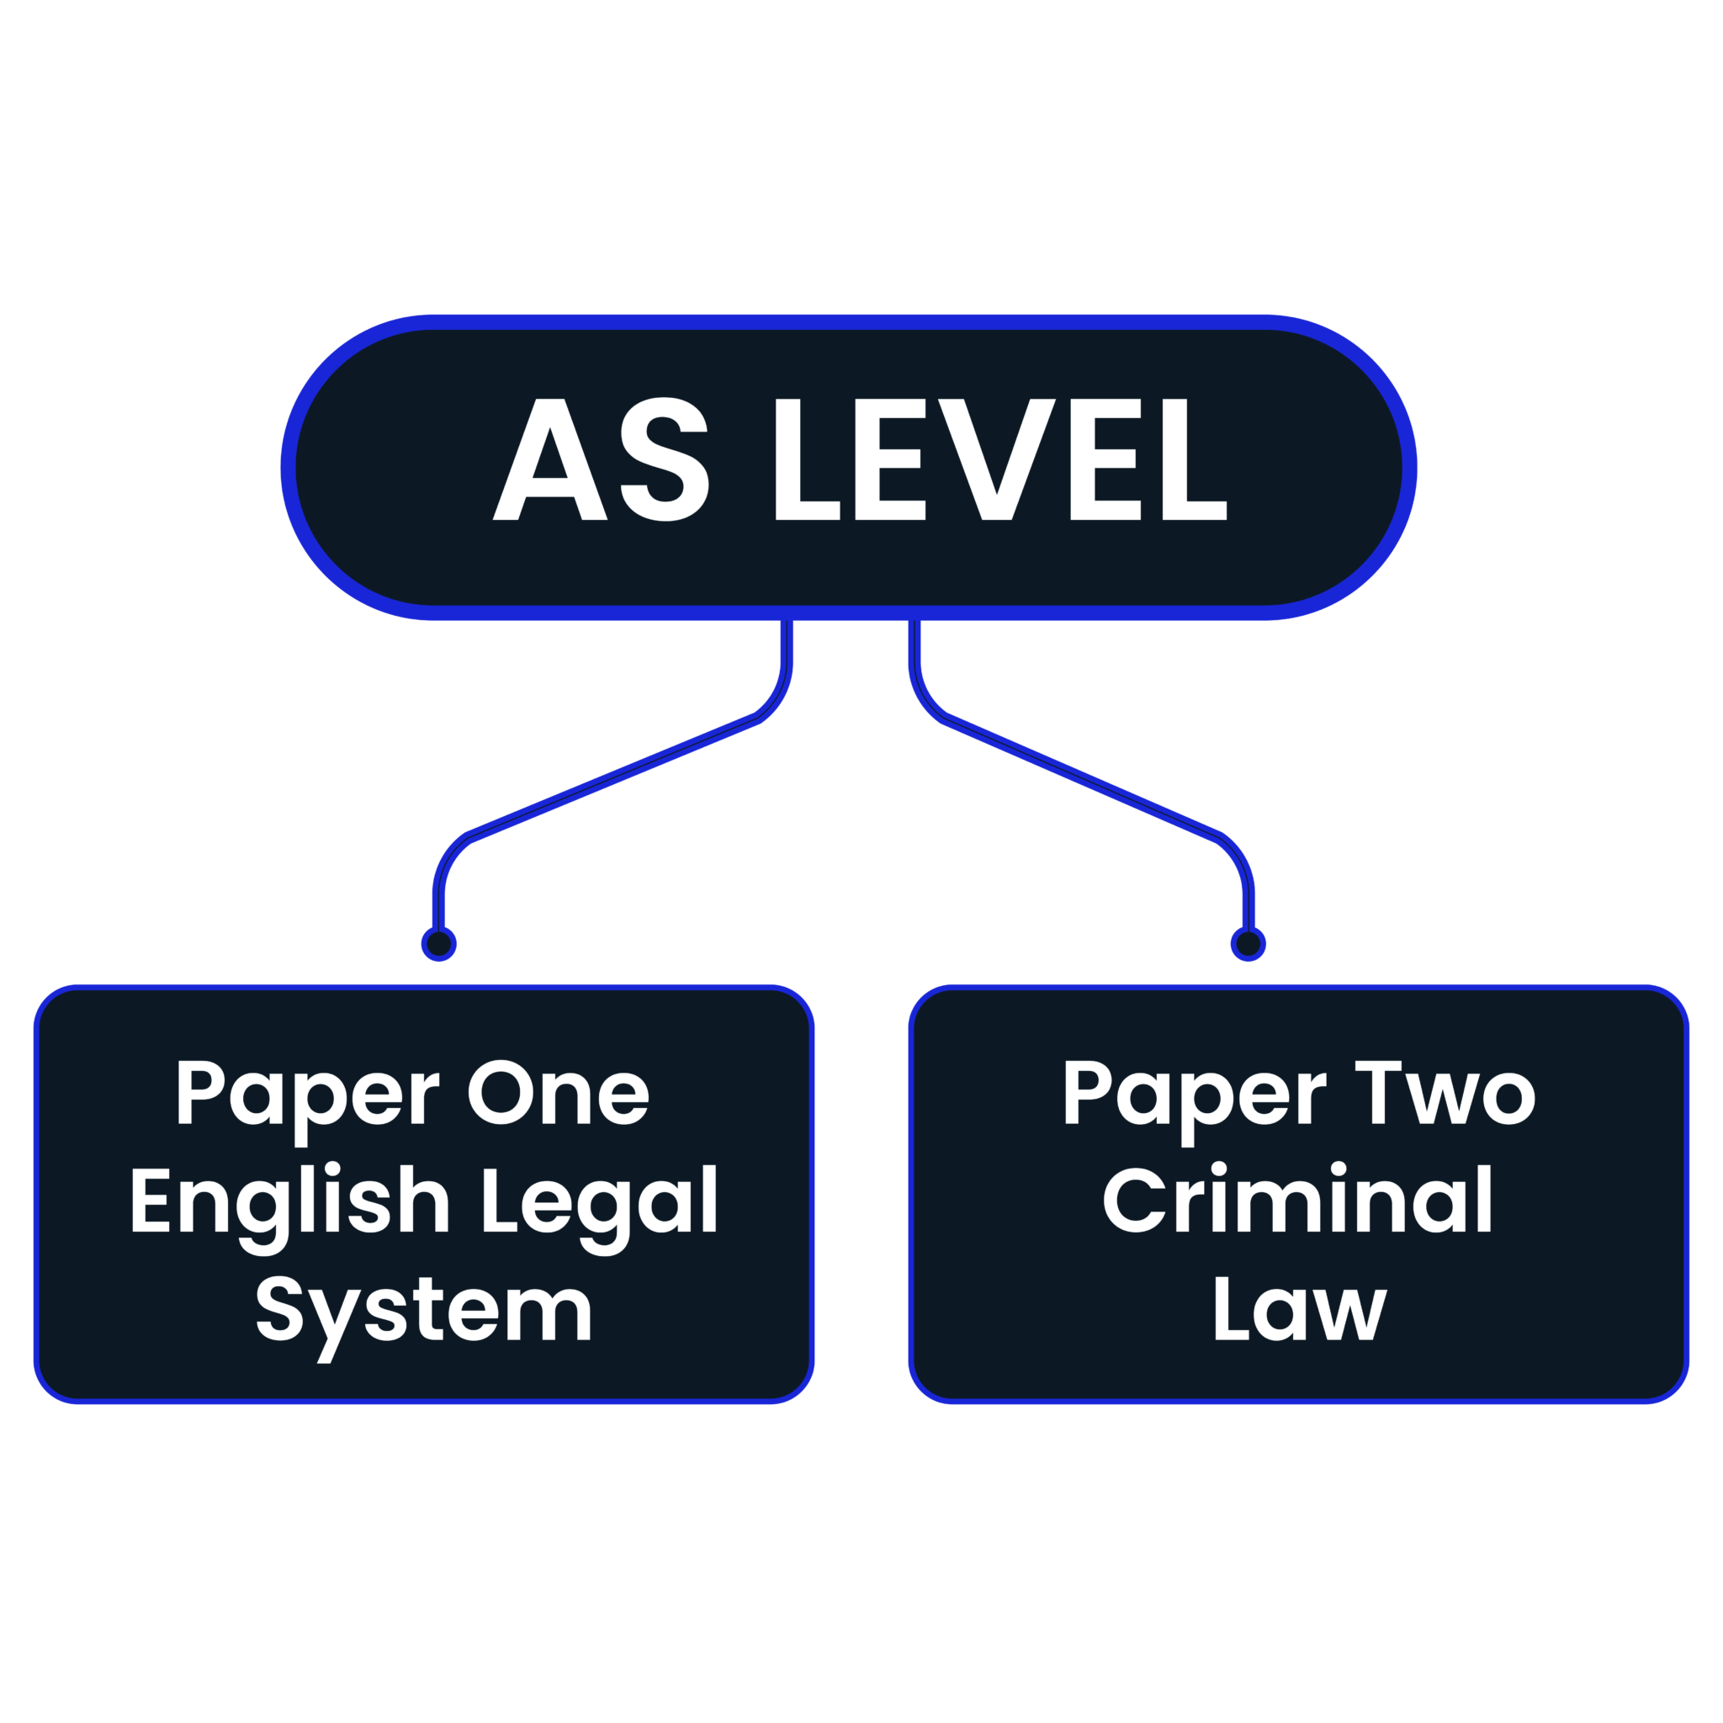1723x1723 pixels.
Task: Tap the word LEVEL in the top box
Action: coord(1000,461)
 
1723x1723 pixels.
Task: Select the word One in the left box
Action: coord(559,1095)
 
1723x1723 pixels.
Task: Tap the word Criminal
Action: coord(1298,1200)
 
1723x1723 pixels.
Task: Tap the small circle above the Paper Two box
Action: coord(1248,944)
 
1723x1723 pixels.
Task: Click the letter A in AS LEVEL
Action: coord(550,461)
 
